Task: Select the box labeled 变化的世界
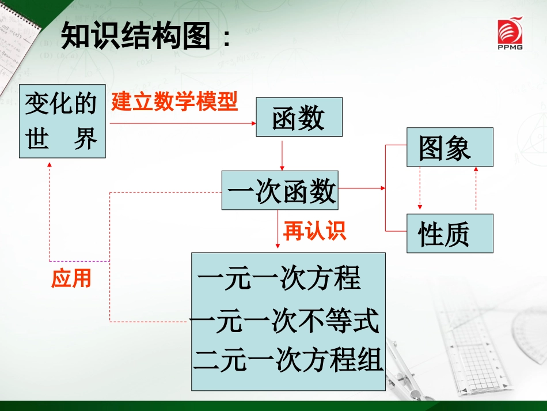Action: point(62,121)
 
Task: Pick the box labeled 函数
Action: point(299,117)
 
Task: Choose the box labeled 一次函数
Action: point(280,190)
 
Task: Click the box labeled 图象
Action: point(450,147)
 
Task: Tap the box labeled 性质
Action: point(450,233)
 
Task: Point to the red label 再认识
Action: point(314,231)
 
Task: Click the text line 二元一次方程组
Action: point(288,360)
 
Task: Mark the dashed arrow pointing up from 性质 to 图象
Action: point(476,188)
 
